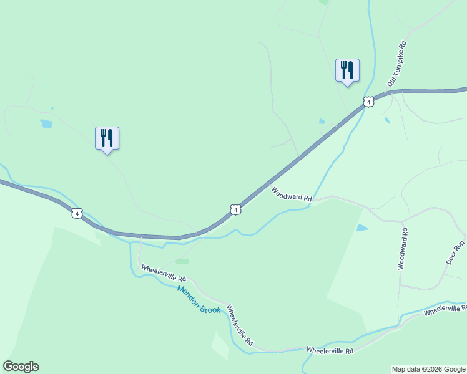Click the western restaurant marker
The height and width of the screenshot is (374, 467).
pos(107,138)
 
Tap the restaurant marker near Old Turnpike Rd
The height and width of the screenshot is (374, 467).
pos(347,70)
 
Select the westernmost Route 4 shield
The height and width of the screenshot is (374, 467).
pos(76,213)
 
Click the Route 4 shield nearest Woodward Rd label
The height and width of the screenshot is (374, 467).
pos(235,210)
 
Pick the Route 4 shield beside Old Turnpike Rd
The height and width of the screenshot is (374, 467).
pos(368,102)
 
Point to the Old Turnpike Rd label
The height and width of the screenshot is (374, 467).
pos(397,64)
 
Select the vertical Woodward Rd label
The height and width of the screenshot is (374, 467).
pos(403,248)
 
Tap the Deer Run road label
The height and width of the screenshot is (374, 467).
pos(455,252)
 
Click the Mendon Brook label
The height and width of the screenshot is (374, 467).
pos(199,299)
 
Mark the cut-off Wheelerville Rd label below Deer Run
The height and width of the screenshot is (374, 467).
pos(445,310)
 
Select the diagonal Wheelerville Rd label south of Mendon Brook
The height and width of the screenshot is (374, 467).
pos(240,325)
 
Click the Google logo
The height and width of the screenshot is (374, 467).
pos(21,367)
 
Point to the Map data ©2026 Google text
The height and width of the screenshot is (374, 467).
pos(428,369)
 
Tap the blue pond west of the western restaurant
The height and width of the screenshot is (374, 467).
pos(46,123)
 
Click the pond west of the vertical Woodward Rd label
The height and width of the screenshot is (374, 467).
pos(362,228)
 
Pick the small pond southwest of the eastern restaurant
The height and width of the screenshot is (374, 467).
pos(322,121)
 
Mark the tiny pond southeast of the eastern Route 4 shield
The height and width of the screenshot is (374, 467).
pos(387,120)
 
